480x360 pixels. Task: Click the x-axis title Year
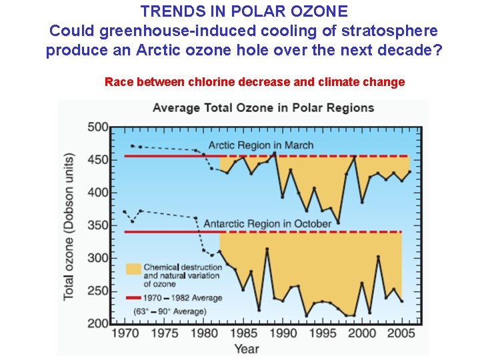246,347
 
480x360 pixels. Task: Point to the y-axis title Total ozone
69,227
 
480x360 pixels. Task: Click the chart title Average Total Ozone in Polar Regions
263,108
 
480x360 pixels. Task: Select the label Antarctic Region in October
267,223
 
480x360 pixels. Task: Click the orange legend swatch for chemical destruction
133,268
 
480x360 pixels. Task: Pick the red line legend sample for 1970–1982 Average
133,298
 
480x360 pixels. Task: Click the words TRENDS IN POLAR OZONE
244,11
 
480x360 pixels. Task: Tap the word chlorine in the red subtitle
213,82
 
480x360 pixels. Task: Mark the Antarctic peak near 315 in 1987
267,249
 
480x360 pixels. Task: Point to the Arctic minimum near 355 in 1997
338,222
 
